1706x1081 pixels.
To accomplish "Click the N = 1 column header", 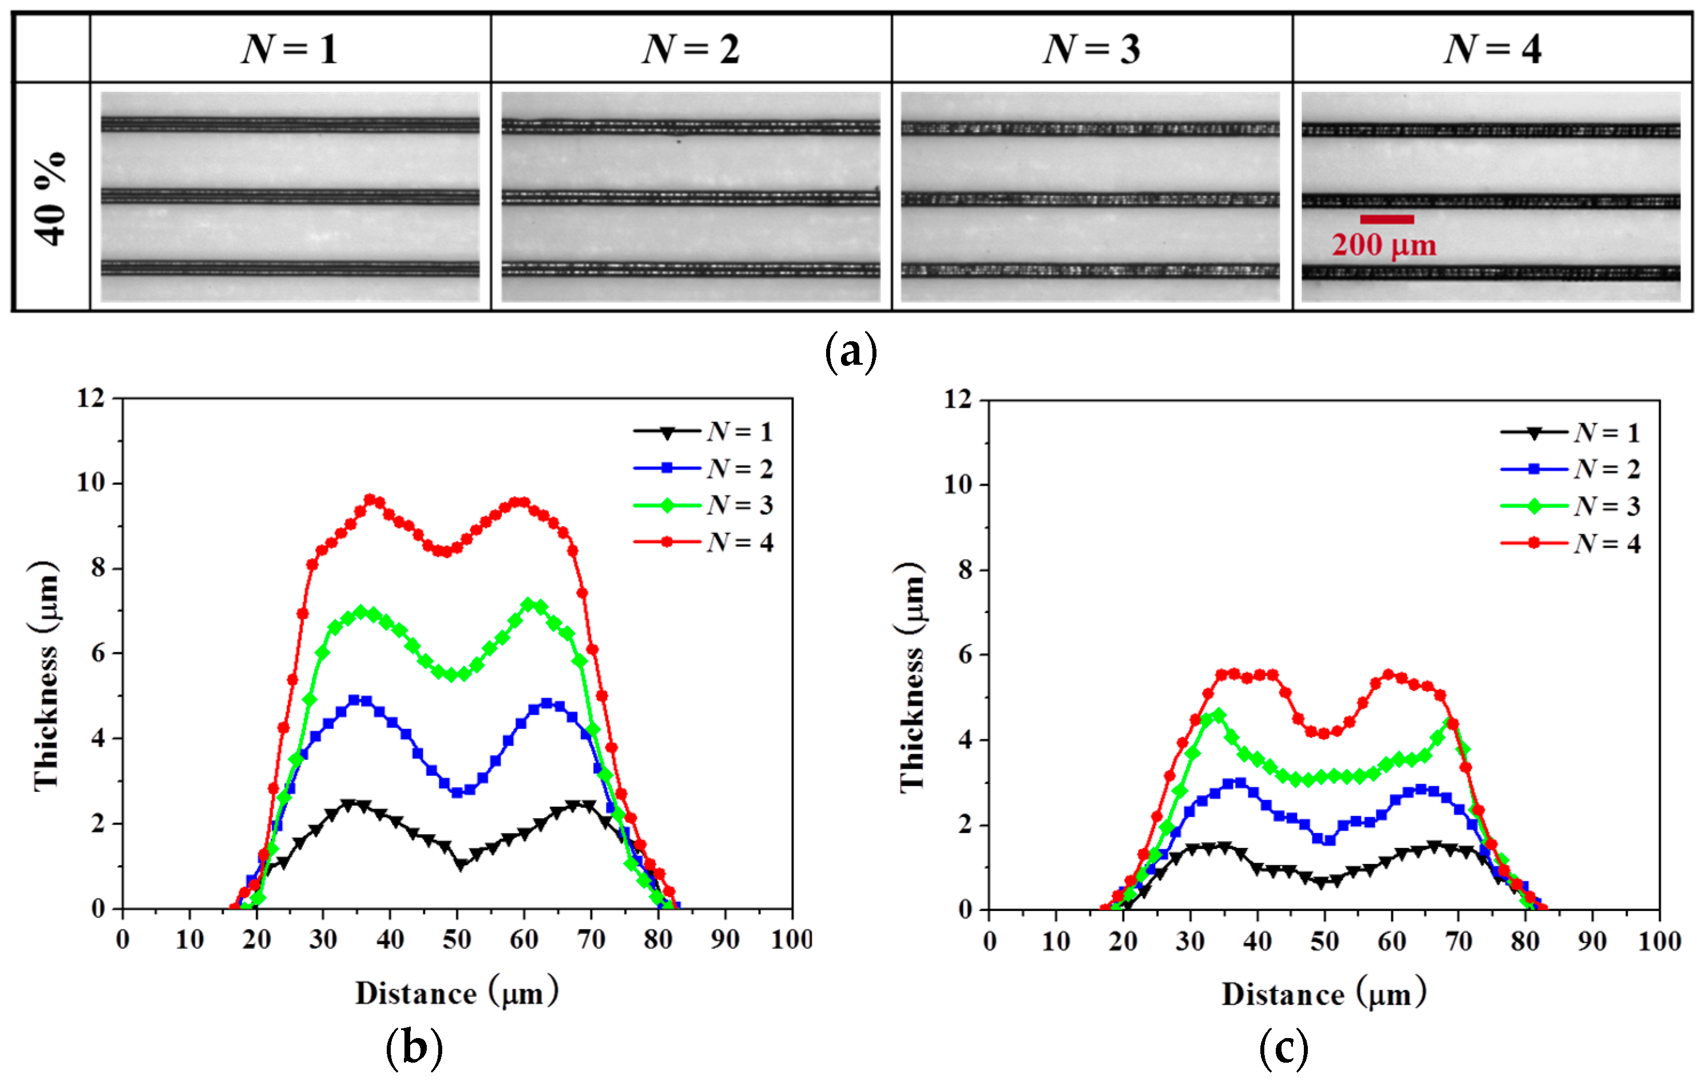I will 289,50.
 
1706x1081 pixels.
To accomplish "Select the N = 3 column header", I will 1091,50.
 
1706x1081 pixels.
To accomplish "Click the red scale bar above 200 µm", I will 1386,220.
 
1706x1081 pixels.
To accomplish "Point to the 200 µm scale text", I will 1384,245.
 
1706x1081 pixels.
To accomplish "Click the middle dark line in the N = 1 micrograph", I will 289,196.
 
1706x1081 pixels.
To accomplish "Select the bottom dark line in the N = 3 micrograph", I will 1090,270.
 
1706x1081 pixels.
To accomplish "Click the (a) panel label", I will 851,352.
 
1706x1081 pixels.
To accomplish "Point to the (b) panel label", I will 414,1048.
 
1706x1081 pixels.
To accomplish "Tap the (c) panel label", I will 1283,1048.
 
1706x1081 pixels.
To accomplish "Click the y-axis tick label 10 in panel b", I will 91,483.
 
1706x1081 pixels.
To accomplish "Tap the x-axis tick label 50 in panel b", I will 457,940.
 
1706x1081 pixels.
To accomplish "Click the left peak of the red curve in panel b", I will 370,500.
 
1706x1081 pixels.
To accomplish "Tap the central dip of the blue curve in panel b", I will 457,792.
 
